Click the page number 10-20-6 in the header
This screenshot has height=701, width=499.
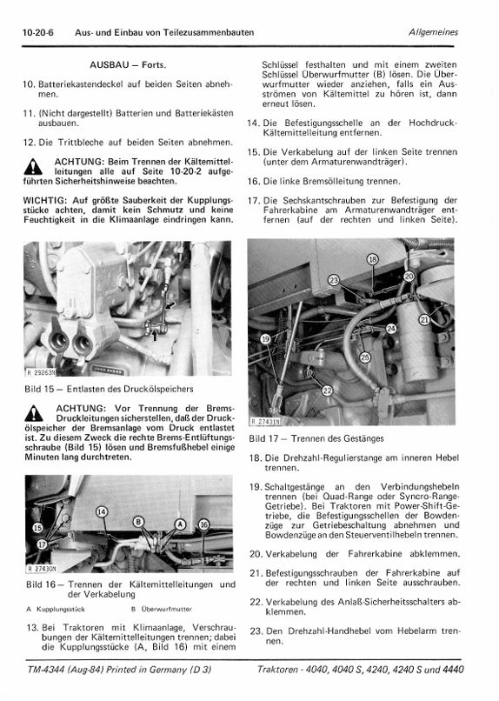(38, 33)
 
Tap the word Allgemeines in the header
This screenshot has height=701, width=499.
(433, 32)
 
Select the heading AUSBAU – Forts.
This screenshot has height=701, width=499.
(128, 65)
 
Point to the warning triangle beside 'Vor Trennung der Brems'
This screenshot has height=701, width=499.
(34, 413)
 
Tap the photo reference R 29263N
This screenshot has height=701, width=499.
(41, 372)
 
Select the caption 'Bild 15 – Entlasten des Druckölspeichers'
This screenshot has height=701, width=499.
(109, 389)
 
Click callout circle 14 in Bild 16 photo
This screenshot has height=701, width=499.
(103, 512)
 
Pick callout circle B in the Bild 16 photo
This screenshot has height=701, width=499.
(138, 522)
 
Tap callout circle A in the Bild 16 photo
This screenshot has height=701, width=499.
(180, 524)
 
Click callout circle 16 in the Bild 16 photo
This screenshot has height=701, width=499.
(203, 524)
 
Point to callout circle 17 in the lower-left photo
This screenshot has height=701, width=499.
(42, 544)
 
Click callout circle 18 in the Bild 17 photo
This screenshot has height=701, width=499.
(373, 259)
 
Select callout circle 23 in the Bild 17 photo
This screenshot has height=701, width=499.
(334, 280)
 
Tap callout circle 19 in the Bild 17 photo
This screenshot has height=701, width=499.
(266, 339)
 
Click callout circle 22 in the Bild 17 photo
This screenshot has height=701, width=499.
(328, 391)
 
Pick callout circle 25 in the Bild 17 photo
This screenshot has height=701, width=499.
(365, 357)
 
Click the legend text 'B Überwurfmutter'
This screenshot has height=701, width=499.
(162, 609)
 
